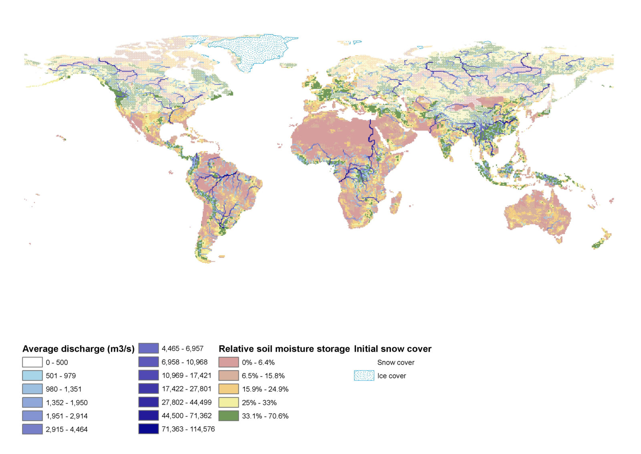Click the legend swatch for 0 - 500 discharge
pyautogui.click(x=32, y=362)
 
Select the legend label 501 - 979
pyautogui.click(x=60, y=376)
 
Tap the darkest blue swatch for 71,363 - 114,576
pyautogui.click(x=149, y=429)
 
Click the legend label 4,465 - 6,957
pyautogui.click(x=182, y=349)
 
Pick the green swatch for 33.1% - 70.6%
pyautogui.click(x=229, y=415)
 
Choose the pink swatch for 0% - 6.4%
pyautogui.click(x=229, y=362)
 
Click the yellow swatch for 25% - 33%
pyautogui.click(x=229, y=402)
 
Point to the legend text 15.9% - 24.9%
pyautogui.click(x=265, y=389)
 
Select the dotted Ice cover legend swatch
pyautogui.click(x=364, y=376)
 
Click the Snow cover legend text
pyautogui.click(x=395, y=362)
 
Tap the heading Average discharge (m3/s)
pyautogui.click(x=78, y=349)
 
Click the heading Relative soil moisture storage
pyautogui.click(x=284, y=349)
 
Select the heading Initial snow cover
pyautogui.click(x=392, y=349)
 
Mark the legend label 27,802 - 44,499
pyautogui.click(x=186, y=402)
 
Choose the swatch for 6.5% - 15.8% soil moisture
pyautogui.click(x=229, y=376)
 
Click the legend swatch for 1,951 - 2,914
pyautogui.click(x=32, y=415)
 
